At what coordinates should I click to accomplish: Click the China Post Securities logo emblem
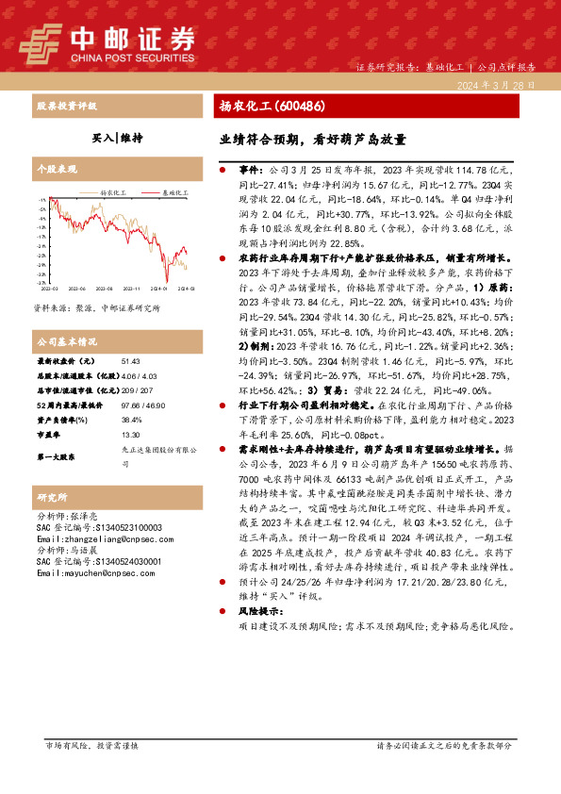tap(39, 41)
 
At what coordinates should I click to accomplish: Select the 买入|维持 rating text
tap(116, 138)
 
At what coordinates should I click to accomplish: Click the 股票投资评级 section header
tap(65, 106)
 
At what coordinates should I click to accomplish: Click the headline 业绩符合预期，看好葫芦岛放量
tap(312, 139)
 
